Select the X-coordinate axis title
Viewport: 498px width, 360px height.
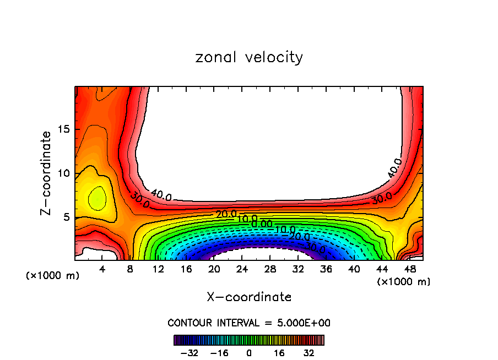249,297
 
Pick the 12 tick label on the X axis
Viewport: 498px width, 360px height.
159,270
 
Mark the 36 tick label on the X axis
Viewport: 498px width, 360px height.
326,270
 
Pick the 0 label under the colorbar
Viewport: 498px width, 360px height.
249,353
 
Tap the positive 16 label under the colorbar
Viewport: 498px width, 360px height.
279,353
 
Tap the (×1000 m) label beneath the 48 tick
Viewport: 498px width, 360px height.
404,282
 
